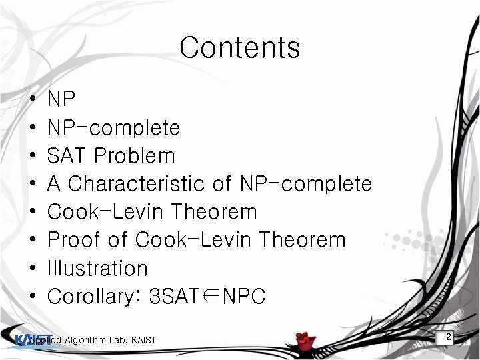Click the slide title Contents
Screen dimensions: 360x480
[x=240, y=47]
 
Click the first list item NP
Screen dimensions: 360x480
[x=62, y=99]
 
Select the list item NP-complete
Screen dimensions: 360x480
[x=114, y=127]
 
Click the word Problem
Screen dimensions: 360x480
[x=135, y=155]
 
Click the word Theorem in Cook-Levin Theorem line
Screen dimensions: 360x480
[x=214, y=212]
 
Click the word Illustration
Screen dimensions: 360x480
[x=97, y=268]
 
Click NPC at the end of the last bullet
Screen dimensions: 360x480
[x=244, y=296]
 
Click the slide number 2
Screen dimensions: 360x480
[x=449, y=337]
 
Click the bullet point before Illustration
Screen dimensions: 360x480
[x=33, y=268]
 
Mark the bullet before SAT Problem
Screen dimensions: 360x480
[x=33, y=156]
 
